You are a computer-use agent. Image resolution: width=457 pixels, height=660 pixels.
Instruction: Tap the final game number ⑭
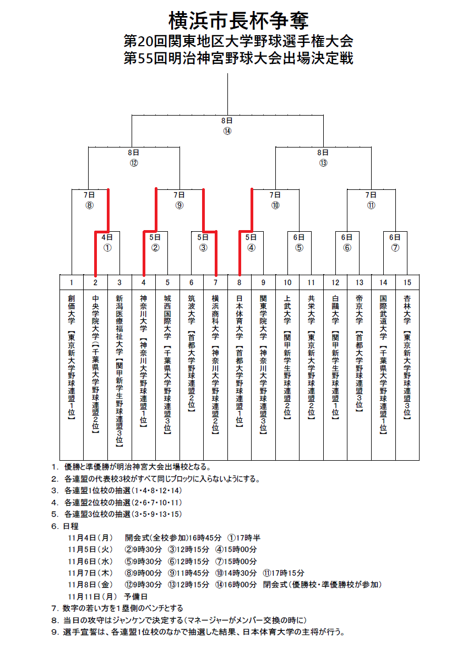pyautogui.click(x=227, y=131)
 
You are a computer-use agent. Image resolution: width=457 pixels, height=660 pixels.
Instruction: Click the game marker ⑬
pyautogui.click(x=323, y=163)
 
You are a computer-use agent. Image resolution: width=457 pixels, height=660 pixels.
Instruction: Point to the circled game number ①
pyautogui.click(x=107, y=248)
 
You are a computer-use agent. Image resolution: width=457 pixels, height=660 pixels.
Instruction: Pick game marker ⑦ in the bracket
pyautogui.click(x=395, y=248)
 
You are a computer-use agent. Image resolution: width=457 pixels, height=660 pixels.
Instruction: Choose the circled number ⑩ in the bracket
pyautogui.click(x=275, y=206)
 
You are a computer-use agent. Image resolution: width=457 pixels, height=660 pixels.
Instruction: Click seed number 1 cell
pyautogui.click(x=72, y=282)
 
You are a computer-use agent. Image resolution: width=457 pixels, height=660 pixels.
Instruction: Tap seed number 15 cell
pyautogui.click(x=407, y=282)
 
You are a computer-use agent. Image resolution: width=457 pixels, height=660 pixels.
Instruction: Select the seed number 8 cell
pyautogui.click(x=240, y=282)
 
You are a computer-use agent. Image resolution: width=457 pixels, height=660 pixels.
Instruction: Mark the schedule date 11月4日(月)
pyautogui.click(x=90, y=537)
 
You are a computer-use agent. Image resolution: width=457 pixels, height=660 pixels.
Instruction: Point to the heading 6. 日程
pyautogui.click(x=67, y=526)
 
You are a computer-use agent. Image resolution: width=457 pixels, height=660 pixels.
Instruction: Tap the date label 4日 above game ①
pyautogui.click(x=107, y=237)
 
